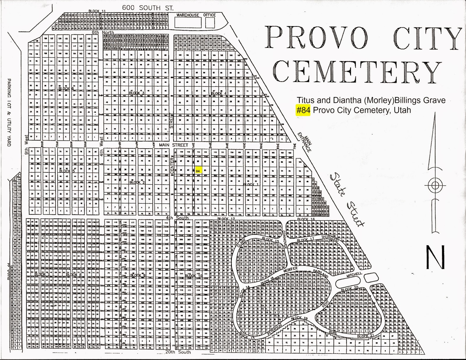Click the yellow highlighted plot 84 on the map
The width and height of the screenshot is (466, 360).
point(198,171)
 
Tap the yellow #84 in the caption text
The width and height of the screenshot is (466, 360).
point(303,110)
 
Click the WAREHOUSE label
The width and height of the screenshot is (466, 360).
point(188,15)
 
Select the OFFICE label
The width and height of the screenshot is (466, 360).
point(209,15)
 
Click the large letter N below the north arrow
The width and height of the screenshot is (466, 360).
point(435,257)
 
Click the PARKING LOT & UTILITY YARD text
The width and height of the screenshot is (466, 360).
point(9,112)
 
